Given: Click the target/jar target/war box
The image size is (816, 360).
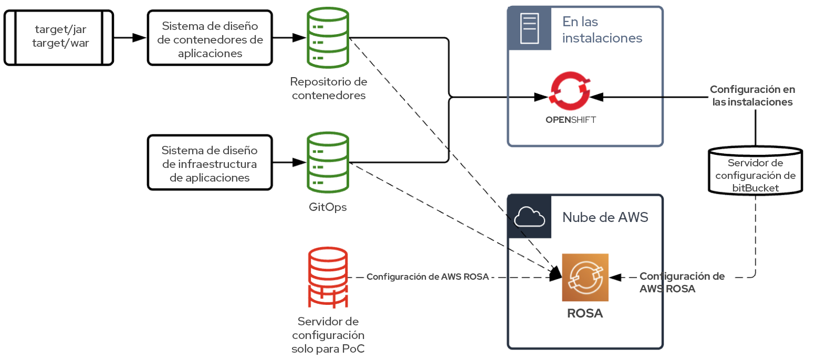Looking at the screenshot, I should [59, 37].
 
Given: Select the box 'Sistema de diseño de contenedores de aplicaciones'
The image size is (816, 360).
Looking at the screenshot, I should [210, 38].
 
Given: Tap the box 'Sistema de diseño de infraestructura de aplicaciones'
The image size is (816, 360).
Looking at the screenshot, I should [210, 163].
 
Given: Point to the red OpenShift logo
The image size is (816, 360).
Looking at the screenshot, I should [570, 92].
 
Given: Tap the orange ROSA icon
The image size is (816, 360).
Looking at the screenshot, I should [585, 278].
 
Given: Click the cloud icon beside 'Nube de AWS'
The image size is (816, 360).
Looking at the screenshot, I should [529, 216].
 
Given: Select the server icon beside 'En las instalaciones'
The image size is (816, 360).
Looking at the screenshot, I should [529, 28].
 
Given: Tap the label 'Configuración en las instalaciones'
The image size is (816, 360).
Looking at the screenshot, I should [751, 96].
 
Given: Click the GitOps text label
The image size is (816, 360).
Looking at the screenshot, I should [328, 207].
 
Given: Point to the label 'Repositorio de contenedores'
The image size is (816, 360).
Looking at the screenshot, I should [328, 89].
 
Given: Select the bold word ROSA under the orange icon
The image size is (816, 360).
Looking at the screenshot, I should [585, 314].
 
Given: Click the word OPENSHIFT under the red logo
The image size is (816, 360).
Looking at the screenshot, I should [571, 120].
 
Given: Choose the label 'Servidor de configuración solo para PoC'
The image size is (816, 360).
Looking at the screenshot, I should [328, 335].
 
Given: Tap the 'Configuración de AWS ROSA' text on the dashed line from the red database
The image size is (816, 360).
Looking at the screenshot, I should [427, 277].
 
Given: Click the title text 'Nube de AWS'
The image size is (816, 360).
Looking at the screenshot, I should [605, 217].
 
